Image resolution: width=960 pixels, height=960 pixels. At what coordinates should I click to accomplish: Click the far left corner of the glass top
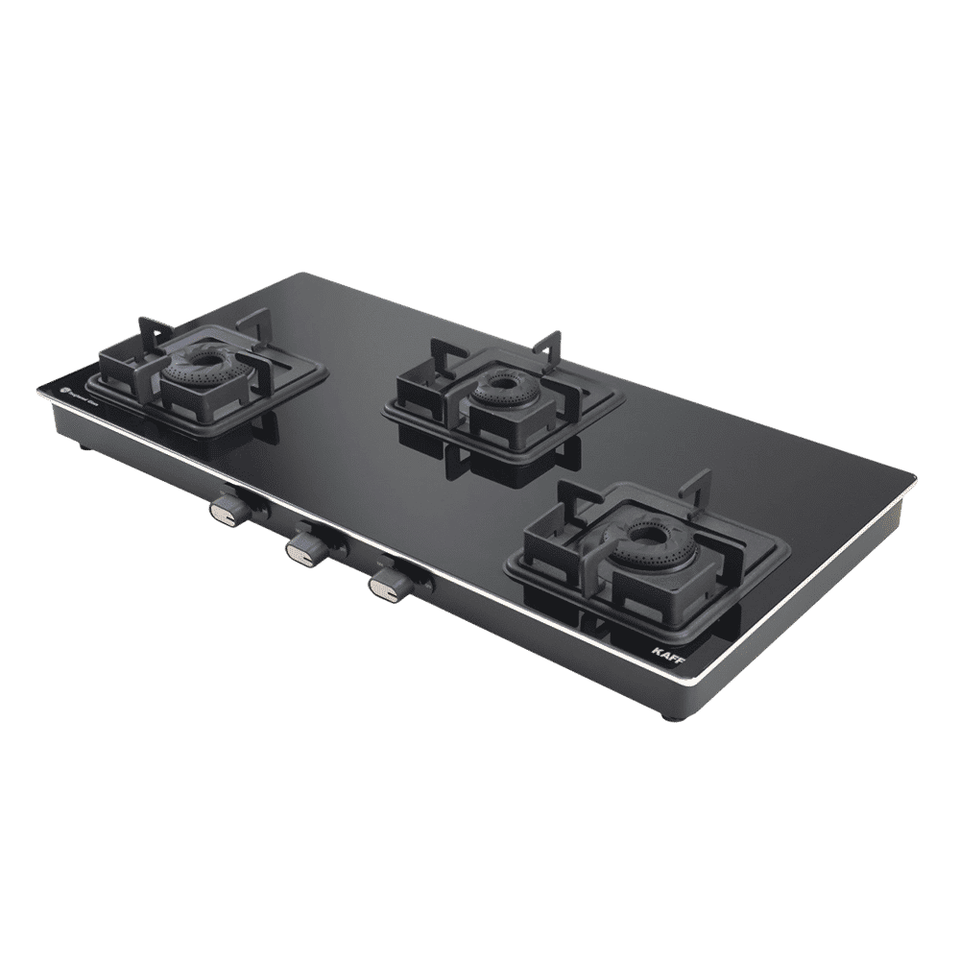(38, 390)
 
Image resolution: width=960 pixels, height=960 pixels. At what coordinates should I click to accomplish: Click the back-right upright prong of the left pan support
(253, 323)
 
